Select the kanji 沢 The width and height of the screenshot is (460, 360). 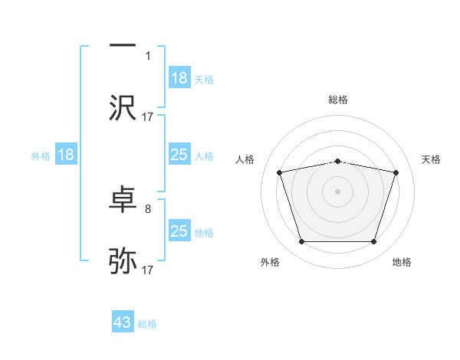123,108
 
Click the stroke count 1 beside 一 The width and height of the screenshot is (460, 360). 148,55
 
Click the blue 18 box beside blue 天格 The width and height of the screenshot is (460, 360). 179,77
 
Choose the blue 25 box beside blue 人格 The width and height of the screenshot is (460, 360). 179,155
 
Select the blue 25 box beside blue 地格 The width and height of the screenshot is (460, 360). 179,231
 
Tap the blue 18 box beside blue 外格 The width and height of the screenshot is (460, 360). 66,155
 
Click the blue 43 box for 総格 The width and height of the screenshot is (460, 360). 123,322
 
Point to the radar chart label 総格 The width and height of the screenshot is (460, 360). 338,100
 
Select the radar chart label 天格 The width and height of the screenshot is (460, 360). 431,159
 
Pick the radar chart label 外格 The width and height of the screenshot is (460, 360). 270,262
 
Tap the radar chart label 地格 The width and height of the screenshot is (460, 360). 402,262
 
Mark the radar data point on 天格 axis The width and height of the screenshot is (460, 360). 396,173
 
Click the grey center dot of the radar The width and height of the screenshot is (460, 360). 338,191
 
